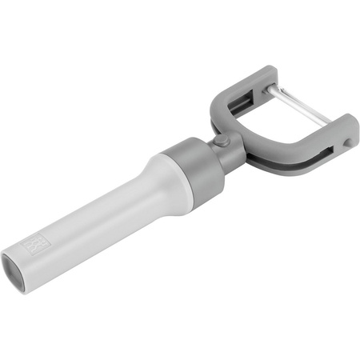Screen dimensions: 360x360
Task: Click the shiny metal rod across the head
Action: coord(300,108)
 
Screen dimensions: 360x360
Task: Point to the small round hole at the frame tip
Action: coord(347,142)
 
